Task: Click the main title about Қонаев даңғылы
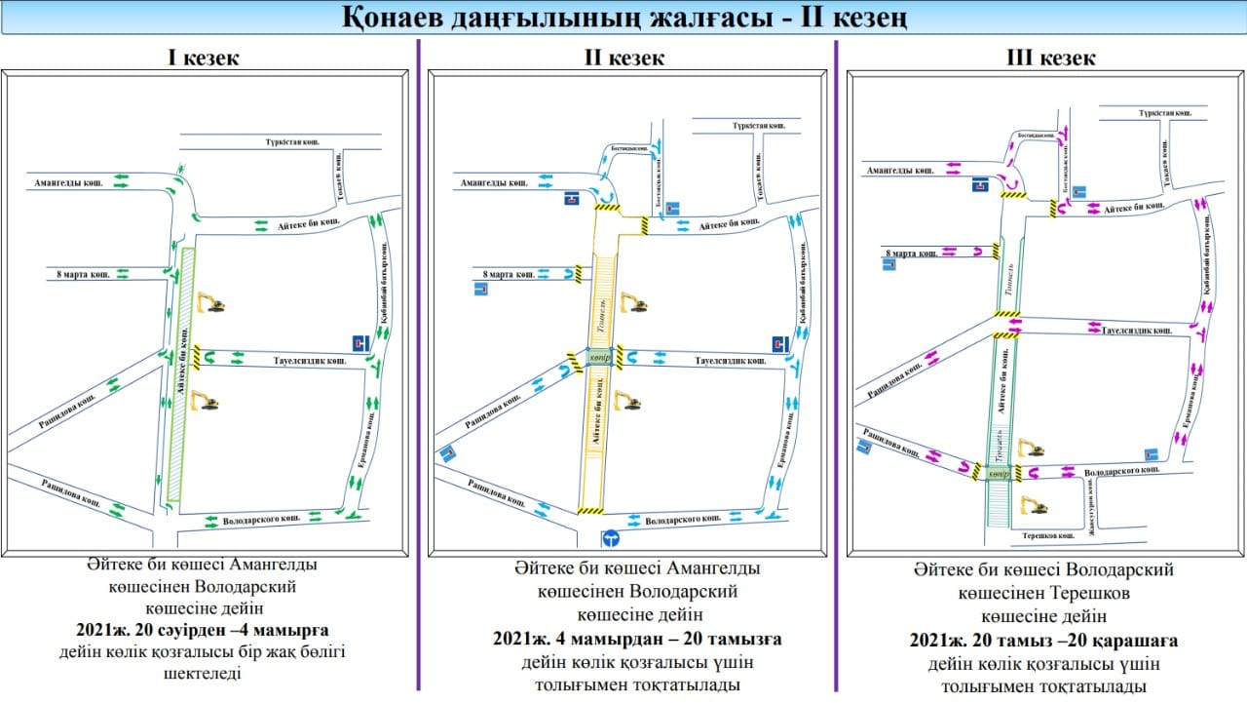point(624,18)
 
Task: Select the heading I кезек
point(204,58)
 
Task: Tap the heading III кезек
point(1050,58)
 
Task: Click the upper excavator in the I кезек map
point(210,302)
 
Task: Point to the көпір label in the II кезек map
point(599,358)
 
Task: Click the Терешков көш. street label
point(1048,535)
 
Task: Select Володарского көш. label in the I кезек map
point(258,521)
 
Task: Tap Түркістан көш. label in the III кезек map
point(1165,114)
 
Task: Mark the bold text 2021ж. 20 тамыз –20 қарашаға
point(1043,641)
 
